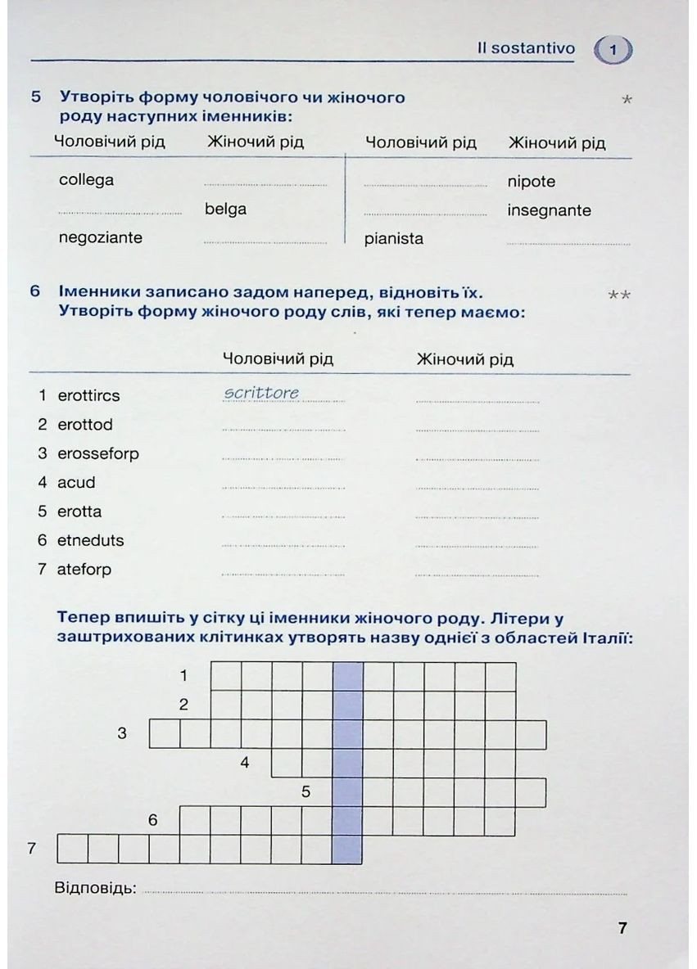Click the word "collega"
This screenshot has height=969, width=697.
[86, 180]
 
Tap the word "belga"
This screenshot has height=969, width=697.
[225, 210]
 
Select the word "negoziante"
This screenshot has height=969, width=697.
[100, 238]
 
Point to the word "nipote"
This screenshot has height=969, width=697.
[531, 182]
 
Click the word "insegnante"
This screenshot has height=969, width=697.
[549, 210]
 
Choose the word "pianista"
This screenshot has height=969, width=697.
[394, 239]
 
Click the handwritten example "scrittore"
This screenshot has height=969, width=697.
[261, 394]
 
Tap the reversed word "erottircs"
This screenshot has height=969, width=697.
[88, 396]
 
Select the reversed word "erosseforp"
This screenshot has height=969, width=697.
[98, 453]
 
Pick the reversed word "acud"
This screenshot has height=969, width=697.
[76, 483]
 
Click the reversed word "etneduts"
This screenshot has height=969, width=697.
[90, 541]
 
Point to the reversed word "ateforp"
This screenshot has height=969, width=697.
[84, 570]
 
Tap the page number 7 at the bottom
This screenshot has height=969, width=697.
[622, 928]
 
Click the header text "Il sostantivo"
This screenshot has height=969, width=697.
[526, 48]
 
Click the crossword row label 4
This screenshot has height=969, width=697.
[244, 764]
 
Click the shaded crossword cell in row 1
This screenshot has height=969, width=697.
[348, 676]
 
